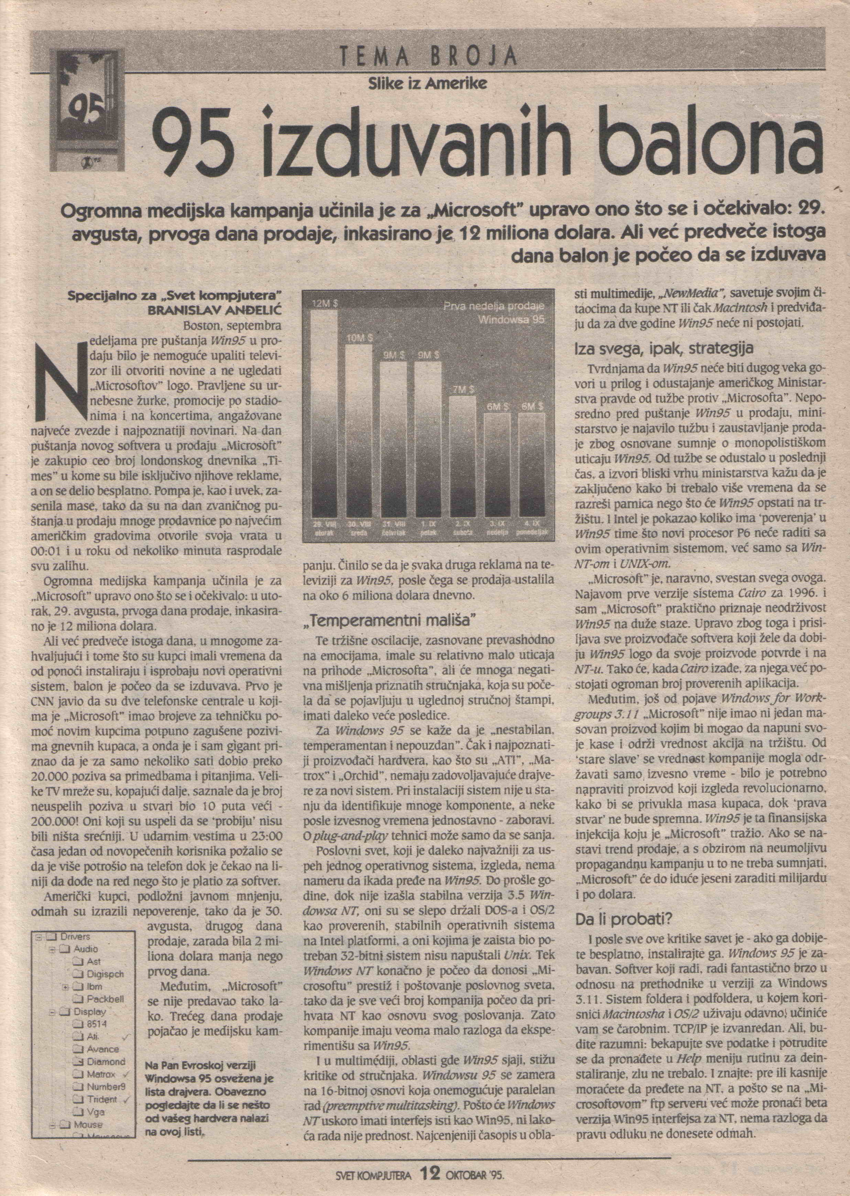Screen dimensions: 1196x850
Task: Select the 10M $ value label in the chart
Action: click(x=358, y=339)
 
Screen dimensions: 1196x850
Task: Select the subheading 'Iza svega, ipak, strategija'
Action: click(x=664, y=348)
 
